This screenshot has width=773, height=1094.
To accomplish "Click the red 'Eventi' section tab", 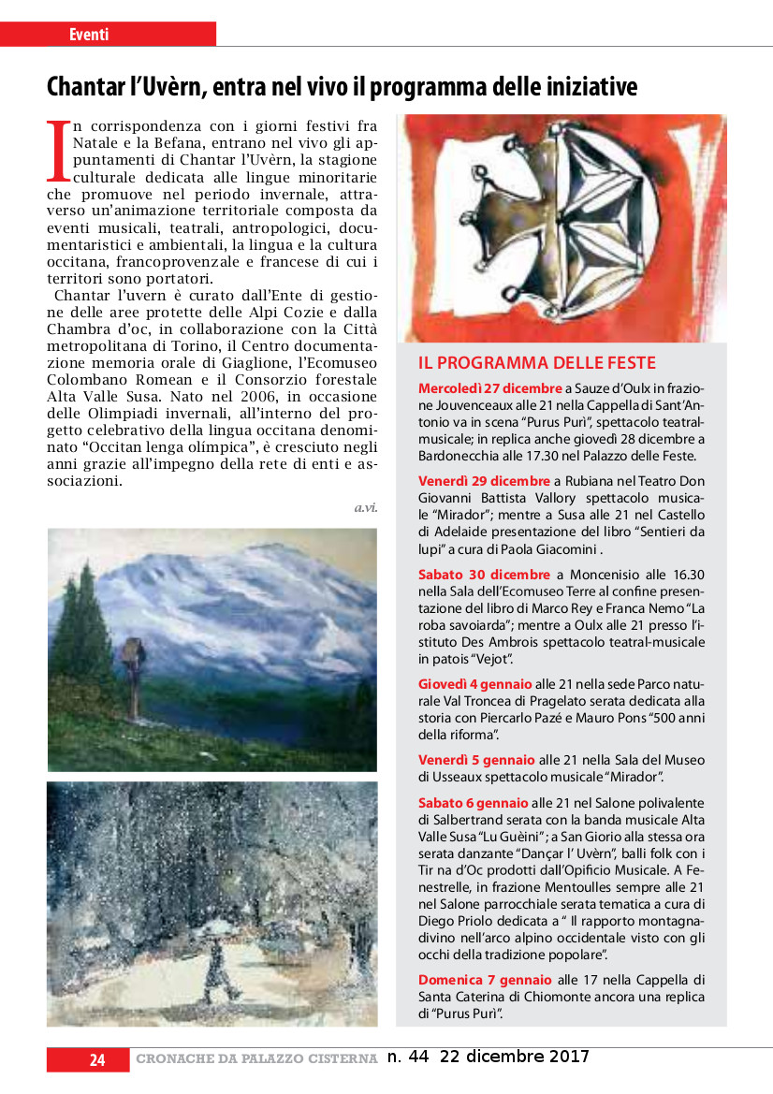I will [x=90, y=35].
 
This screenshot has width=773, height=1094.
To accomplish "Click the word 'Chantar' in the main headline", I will [x=88, y=87].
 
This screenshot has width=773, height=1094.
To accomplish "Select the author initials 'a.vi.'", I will [x=365, y=507].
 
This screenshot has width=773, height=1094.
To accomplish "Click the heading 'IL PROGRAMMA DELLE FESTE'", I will [x=536, y=363].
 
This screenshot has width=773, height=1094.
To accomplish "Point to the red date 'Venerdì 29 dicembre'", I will [x=484, y=481].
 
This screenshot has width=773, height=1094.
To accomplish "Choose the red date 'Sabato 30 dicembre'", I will [x=484, y=575].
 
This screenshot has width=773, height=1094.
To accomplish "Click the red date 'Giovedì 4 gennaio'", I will [x=474, y=684].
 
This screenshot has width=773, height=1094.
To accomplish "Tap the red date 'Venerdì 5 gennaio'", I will [x=476, y=760].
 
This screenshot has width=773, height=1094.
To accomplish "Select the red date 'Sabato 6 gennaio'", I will [x=474, y=803].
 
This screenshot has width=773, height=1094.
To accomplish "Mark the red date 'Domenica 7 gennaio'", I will [x=485, y=980].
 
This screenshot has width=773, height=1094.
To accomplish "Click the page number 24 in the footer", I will [x=97, y=1059].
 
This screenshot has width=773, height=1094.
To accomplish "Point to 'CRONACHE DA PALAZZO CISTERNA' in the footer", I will [x=256, y=1059].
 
